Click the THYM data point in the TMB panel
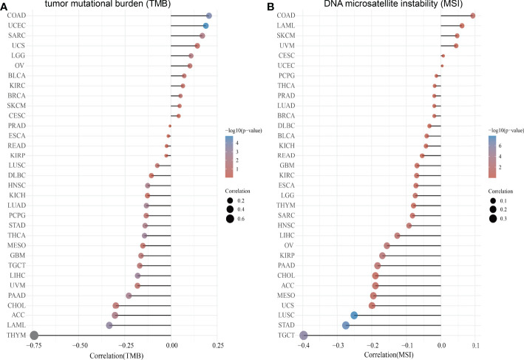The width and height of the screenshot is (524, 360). (34, 336)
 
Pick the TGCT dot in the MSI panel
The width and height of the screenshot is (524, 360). (304, 336)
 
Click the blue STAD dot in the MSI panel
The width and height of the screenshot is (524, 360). (346, 325)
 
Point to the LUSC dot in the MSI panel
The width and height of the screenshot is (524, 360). (354, 315)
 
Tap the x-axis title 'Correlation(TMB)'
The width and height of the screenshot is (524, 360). (103, 355)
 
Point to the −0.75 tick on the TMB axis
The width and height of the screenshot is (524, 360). (34, 345)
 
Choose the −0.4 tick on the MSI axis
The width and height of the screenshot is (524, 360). (304, 345)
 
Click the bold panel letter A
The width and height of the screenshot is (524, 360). (4, 6)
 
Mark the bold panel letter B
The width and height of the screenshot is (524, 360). (271, 6)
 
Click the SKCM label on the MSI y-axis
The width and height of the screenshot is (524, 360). (285, 35)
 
